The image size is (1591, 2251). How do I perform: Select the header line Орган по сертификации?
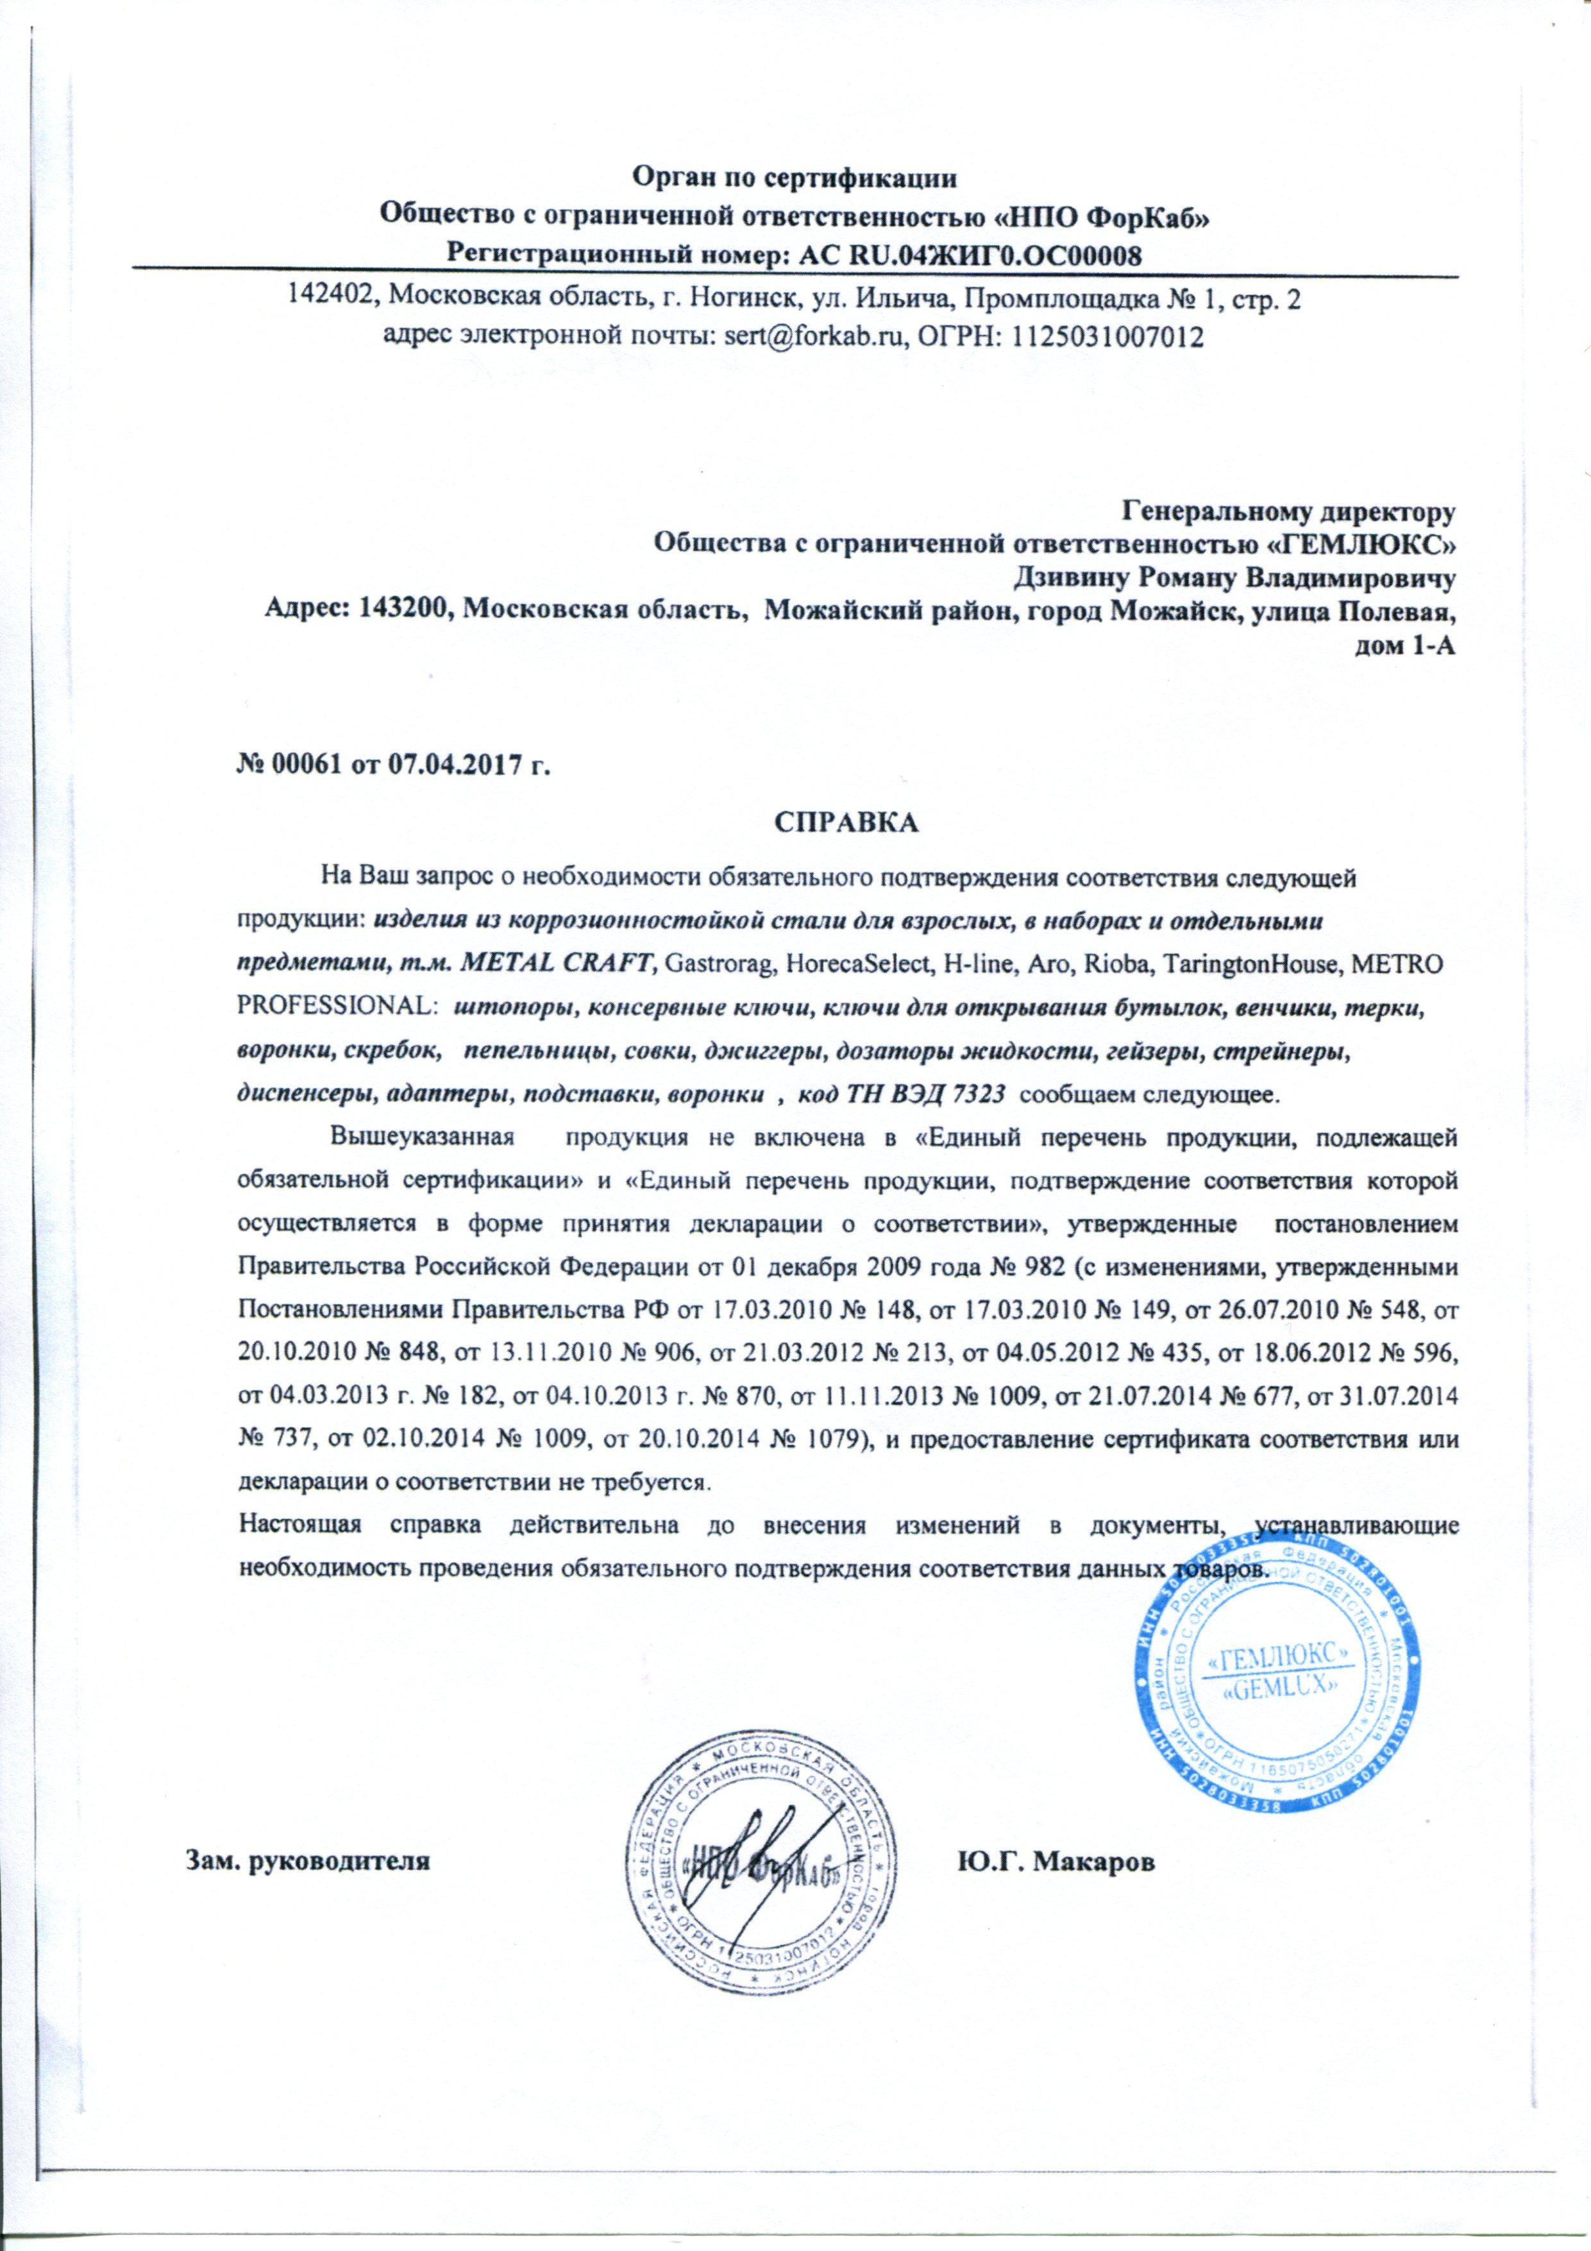[793, 178]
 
